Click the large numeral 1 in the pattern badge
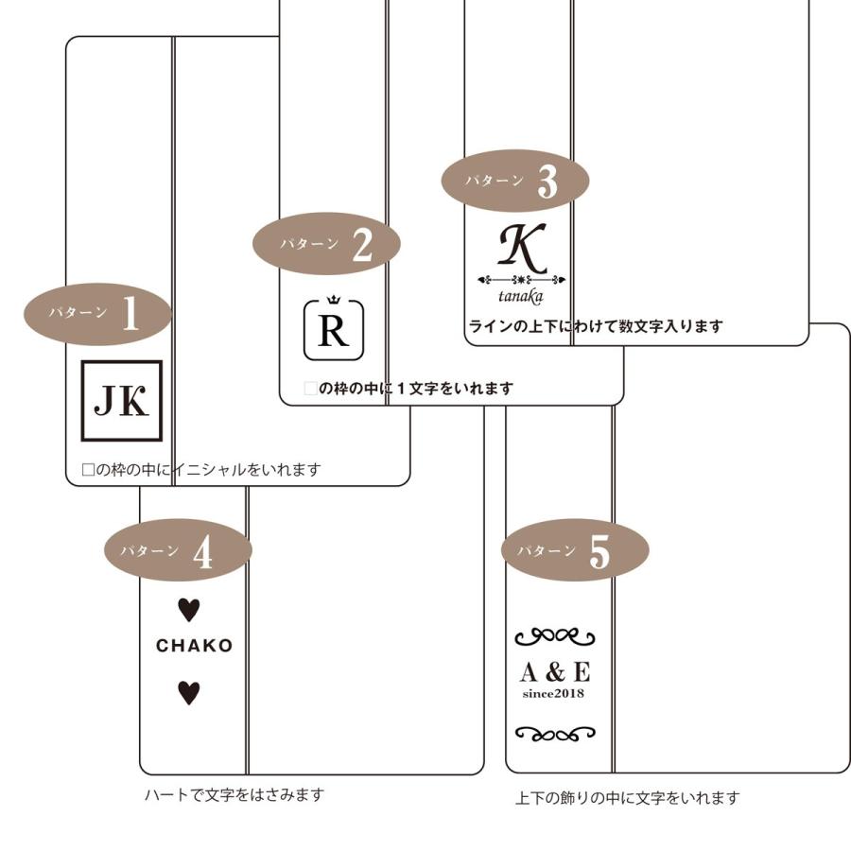(130, 315)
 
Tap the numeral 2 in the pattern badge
(361, 245)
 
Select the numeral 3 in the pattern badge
(547, 182)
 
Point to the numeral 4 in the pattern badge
(202, 554)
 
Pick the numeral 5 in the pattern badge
(599, 553)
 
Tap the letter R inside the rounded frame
(333, 332)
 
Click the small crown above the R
(333, 300)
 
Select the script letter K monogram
(522, 249)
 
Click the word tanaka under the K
(521, 297)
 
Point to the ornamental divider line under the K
(522, 280)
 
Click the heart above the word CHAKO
(189, 610)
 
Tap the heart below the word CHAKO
(189, 693)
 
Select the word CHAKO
(194, 646)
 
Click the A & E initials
(555, 672)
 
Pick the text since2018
(554, 693)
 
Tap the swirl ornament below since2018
(555, 733)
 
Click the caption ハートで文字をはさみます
(234, 794)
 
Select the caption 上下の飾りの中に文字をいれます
(627, 798)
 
